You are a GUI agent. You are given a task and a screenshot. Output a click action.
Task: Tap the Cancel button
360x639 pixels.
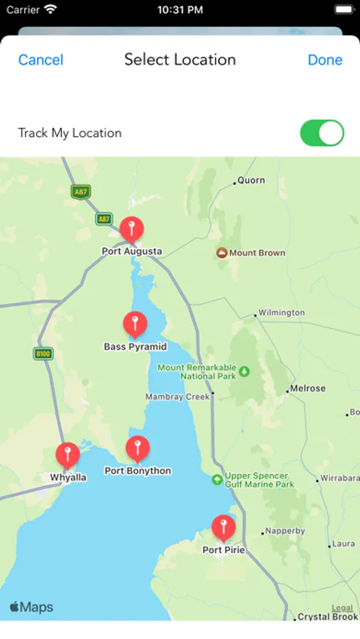tap(40, 60)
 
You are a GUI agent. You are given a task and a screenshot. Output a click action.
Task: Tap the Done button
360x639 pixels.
tap(325, 60)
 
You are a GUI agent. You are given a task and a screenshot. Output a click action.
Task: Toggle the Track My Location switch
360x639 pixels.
tap(322, 133)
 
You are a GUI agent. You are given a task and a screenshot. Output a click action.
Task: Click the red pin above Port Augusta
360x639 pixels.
tap(131, 229)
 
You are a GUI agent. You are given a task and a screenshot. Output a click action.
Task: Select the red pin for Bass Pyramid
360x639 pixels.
tap(135, 324)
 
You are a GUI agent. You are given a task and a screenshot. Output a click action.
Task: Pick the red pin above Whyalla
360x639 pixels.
tap(67, 455)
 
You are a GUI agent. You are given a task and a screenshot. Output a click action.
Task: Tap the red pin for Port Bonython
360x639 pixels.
tap(138, 449)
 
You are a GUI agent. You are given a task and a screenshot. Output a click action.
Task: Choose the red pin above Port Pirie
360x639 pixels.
tap(224, 528)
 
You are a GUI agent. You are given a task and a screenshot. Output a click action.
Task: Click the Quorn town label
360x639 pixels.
tap(251, 180)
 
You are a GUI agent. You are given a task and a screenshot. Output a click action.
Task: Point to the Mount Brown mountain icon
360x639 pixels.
tap(222, 253)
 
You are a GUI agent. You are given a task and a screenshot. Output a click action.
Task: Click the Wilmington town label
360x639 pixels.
tap(281, 312)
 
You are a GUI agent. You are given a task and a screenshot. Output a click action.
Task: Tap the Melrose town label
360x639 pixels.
tap(307, 388)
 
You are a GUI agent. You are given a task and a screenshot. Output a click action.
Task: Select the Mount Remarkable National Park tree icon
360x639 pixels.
tap(245, 371)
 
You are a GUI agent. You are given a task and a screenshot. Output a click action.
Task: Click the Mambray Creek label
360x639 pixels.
tap(178, 397)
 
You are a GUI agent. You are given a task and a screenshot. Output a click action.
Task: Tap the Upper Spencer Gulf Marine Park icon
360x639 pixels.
tap(217, 480)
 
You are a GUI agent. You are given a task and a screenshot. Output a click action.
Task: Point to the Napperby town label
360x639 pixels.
tap(285, 530)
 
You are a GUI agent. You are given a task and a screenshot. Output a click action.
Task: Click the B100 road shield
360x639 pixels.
tap(43, 353)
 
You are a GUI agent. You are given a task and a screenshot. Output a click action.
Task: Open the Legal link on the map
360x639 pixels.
tap(342, 608)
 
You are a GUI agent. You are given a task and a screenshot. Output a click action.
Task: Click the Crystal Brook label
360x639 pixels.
tap(329, 617)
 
